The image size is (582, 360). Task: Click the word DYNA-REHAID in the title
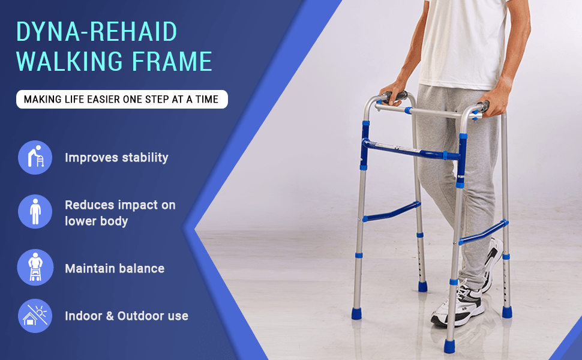(x=97, y=31)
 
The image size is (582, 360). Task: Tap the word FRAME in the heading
(x=172, y=61)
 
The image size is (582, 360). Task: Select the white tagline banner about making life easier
(x=122, y=99)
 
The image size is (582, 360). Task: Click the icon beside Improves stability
(x=35, y=157)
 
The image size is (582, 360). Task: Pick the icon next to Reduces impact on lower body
(x=35, y=212)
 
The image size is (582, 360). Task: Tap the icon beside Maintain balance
(x=35, y=267)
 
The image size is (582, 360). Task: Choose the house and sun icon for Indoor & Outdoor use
(x=35, y=316)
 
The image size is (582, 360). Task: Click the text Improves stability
(x=116, y=158)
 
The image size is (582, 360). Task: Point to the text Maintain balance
(x=115, y=268)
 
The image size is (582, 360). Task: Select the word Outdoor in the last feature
(x=140, y=316)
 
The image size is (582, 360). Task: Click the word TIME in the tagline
(x=207, y=100)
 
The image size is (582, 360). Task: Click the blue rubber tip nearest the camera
(x=449, y=346)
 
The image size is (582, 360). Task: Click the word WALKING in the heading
(x=70, y=61)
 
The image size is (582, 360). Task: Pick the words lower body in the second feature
(x=97, y=221)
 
